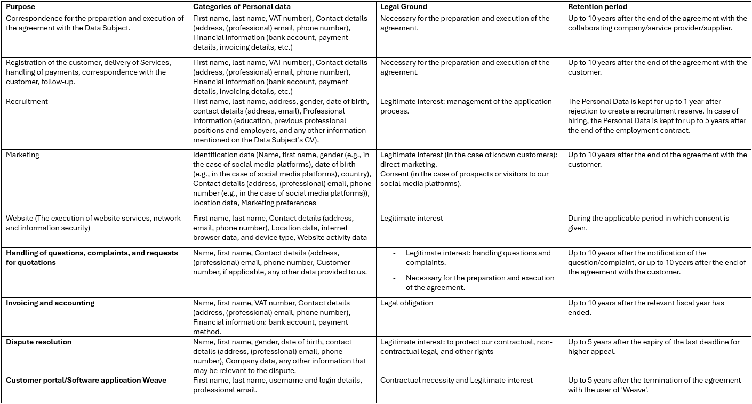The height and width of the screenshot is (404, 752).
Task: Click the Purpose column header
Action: (x=21, y=7)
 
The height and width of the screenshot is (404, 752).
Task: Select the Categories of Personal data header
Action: (x=242, y=7)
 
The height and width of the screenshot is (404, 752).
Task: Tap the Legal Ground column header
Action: (x=404, y=7)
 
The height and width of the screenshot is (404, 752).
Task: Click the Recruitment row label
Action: (x=27, y=101)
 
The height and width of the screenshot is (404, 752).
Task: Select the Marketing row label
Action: (x=22, y=155)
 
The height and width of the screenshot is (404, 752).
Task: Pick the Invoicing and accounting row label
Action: (x=50, y=303)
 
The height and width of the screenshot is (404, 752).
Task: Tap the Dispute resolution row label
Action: (x=38, y=342)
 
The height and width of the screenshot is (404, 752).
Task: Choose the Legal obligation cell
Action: (x=406, y=303)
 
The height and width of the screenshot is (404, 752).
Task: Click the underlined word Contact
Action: (x=268, y=253)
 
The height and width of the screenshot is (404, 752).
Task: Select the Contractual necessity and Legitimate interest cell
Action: (x=456, y=380)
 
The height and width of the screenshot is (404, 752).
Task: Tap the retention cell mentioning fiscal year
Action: (x=645, y=308)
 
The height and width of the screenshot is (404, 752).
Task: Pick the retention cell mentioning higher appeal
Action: (x=653, y=346)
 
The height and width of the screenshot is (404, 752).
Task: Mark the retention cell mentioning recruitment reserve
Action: (x=657, y=116)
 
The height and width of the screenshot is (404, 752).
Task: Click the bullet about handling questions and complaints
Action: (x=478, y=257)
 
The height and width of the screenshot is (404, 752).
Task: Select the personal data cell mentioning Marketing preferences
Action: (x=282, y=179)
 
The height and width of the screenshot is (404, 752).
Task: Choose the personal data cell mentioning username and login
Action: (x=277, y=385)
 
